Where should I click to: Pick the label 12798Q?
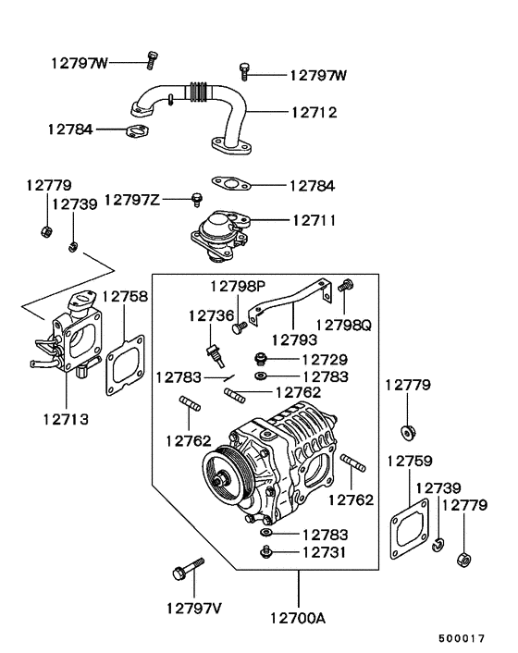(342, 325)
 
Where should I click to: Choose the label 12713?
(65, 418)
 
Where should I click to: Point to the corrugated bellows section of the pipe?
(197, 92)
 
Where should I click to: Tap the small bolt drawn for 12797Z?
(195, 199)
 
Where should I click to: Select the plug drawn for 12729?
(262, 358)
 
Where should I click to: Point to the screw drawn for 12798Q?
(348, 288)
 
